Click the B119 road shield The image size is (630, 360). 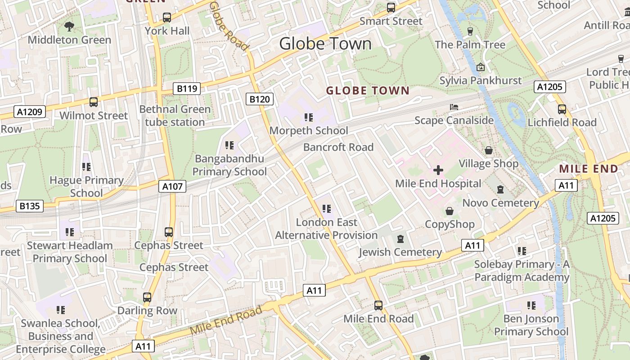[x=187, y=89]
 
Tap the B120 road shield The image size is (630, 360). [x=260, y=99]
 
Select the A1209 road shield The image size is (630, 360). [x=30, y=112]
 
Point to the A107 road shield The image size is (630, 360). [x=172, y=186]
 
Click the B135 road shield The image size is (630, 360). [x=30, y=207]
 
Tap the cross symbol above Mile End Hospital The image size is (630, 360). [x=438, y=171]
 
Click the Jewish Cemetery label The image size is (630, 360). [x=400, y=252]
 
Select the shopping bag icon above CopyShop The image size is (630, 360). [x=449, y=211]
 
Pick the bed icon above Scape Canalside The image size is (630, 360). [x=454, y=107]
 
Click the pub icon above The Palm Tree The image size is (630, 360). [x=470, y=31]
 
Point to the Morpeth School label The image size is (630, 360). [x=309, y=130]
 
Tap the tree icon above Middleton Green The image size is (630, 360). [x=69, y=27]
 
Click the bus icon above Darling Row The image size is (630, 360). [x=147, y=297]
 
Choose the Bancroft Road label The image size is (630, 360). [x=338, y=147]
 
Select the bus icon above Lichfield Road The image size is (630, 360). [x=562, y=109]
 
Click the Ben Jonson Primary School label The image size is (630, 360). [x=531, y=325]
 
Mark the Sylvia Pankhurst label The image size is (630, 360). [x=480, y=81]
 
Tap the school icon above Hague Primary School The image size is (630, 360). [x=86, y=167]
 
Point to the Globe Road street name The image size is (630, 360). [x=229, y=26]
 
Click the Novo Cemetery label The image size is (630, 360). [x=501, y=203]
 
